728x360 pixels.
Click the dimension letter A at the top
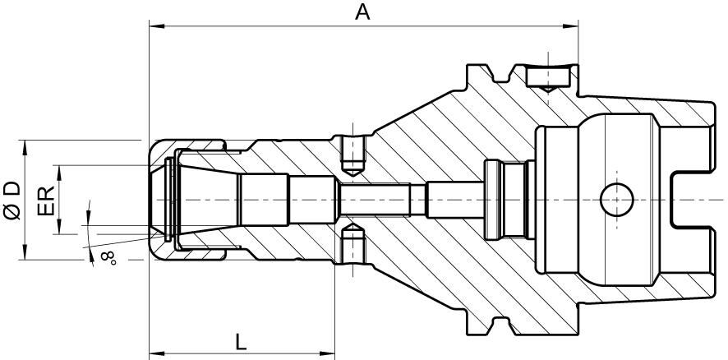(362, 12)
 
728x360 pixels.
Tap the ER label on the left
(46, 200)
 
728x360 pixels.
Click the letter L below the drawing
(240, 339)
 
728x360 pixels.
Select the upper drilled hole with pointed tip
(352, 156)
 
